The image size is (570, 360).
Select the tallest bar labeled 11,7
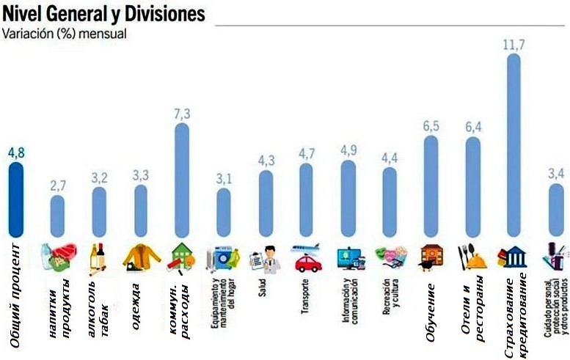click(x=514, y=147)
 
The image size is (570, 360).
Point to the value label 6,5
click(x=431, y=126)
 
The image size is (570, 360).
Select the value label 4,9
click(x=347, y=150)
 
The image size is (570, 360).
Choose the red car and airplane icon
click(x=307, y=257)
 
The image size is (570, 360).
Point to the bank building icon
click(x=514, y=257)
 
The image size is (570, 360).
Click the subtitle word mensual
click(x=105, y=33)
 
